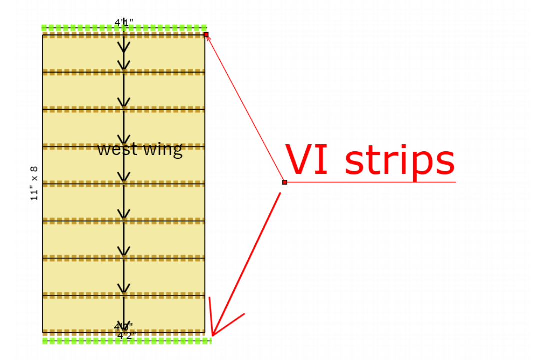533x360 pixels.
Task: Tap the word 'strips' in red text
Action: pos(400,161)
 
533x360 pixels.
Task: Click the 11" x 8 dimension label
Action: pos(34,183)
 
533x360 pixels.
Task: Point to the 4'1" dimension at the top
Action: pos(124,22)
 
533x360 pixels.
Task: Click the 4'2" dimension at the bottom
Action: pos(126,335)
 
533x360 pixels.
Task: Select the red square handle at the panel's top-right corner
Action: pos(206,34)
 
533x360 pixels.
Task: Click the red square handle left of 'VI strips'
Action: pos(284,182)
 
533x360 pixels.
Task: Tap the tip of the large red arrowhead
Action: pos(212,335)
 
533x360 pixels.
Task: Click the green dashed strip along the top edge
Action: pos(80,28)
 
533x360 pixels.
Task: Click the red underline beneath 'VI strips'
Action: pos(370,182)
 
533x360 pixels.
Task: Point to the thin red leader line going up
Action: pos(245,108)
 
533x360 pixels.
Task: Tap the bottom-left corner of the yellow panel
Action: pos(43,332)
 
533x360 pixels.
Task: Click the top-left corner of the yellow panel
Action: pos(43,35)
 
